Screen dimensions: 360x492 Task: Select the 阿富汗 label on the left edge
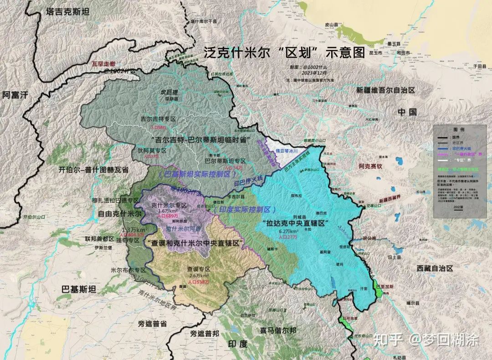(15, 95)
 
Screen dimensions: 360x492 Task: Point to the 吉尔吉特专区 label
(158, 119)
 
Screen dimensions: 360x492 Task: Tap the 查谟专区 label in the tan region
(198, 269)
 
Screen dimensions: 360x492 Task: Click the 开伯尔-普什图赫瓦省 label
(93, 170)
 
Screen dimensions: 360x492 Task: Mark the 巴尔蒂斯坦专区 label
(225, 161)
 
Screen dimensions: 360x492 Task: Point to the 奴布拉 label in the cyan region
(297, 195)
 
